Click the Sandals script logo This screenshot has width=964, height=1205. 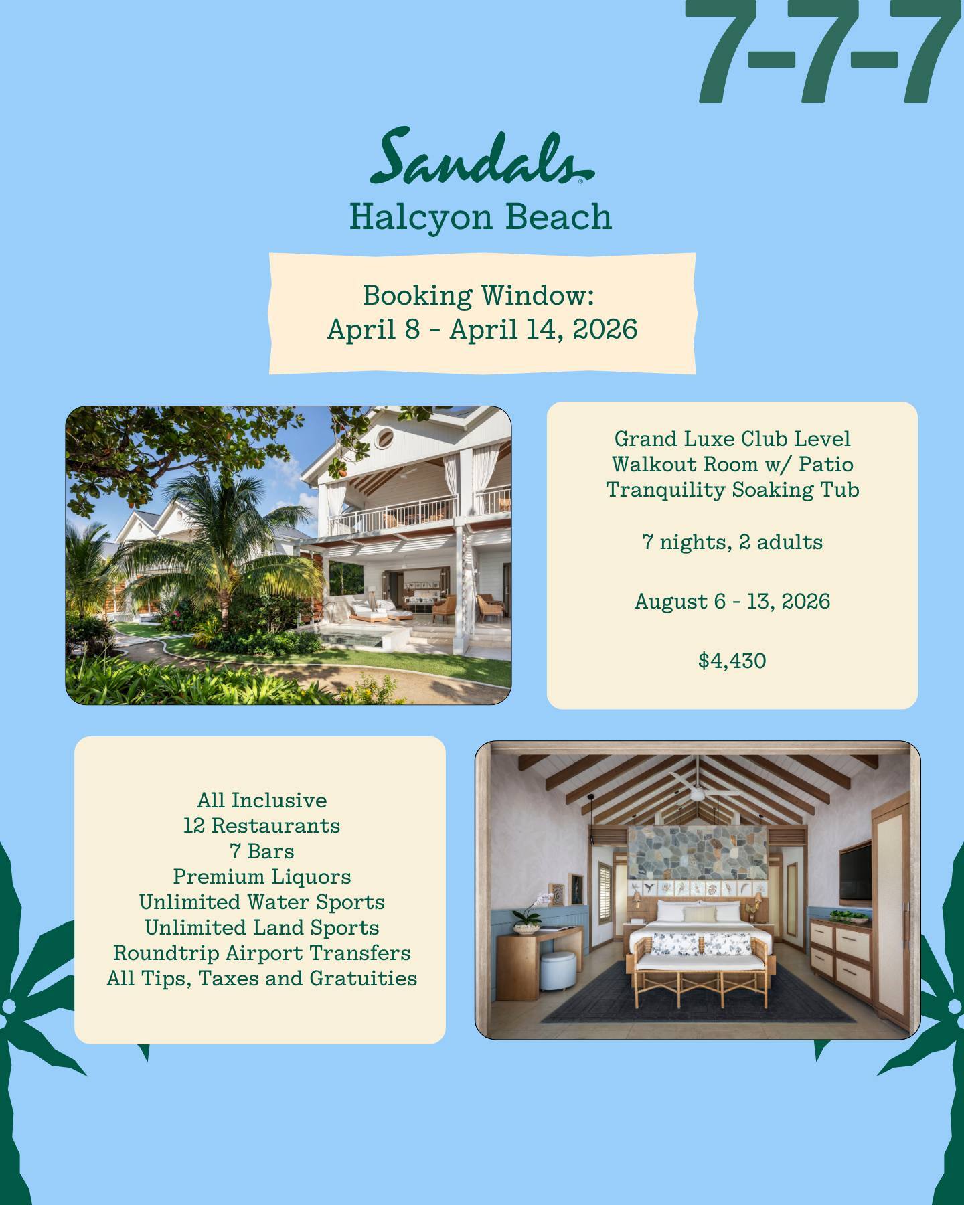coord(481,157)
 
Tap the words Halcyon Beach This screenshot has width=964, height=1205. coord(481,217)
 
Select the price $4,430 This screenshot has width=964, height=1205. coord(732,661)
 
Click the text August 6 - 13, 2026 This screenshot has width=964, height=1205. coord(732,601)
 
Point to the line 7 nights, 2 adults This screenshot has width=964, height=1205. coord(732,542)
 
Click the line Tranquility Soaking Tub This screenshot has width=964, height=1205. coord(732,489)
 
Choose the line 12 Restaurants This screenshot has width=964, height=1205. coord(262,825)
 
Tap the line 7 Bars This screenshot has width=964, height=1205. coord(262,851)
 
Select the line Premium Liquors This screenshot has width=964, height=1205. coord(262,876)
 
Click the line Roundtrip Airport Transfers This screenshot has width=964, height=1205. coord(262,953)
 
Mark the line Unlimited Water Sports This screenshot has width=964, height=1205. coord(262,902)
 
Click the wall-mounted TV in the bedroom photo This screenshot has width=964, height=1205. coord(856,871)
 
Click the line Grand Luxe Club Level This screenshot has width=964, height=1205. coord(732,438)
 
